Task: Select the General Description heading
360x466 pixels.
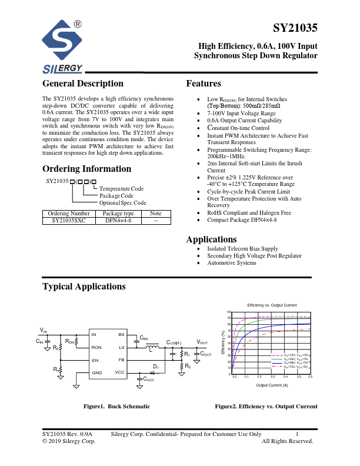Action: tap(83, 84)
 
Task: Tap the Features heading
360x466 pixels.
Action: tap(204, 84)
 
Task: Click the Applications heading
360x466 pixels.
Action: tap(211, 239)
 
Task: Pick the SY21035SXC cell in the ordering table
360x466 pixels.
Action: tap(68, 221)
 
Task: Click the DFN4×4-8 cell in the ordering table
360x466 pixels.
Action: tap(118, 221)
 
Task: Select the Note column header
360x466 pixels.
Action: tap(156, 213)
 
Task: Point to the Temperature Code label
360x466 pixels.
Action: tap(121, 188)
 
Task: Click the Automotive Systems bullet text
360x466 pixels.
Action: tap(231, 263)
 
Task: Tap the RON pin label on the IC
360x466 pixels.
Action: tap(96, 348)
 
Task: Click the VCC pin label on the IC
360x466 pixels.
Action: tap(120, 372)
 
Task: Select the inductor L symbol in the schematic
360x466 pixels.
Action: tap(151, 348)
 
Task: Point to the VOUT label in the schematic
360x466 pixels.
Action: tap(202, 342)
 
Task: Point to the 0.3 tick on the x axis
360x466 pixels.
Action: tap(272, 376)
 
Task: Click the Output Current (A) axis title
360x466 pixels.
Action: tap(272, 385)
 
